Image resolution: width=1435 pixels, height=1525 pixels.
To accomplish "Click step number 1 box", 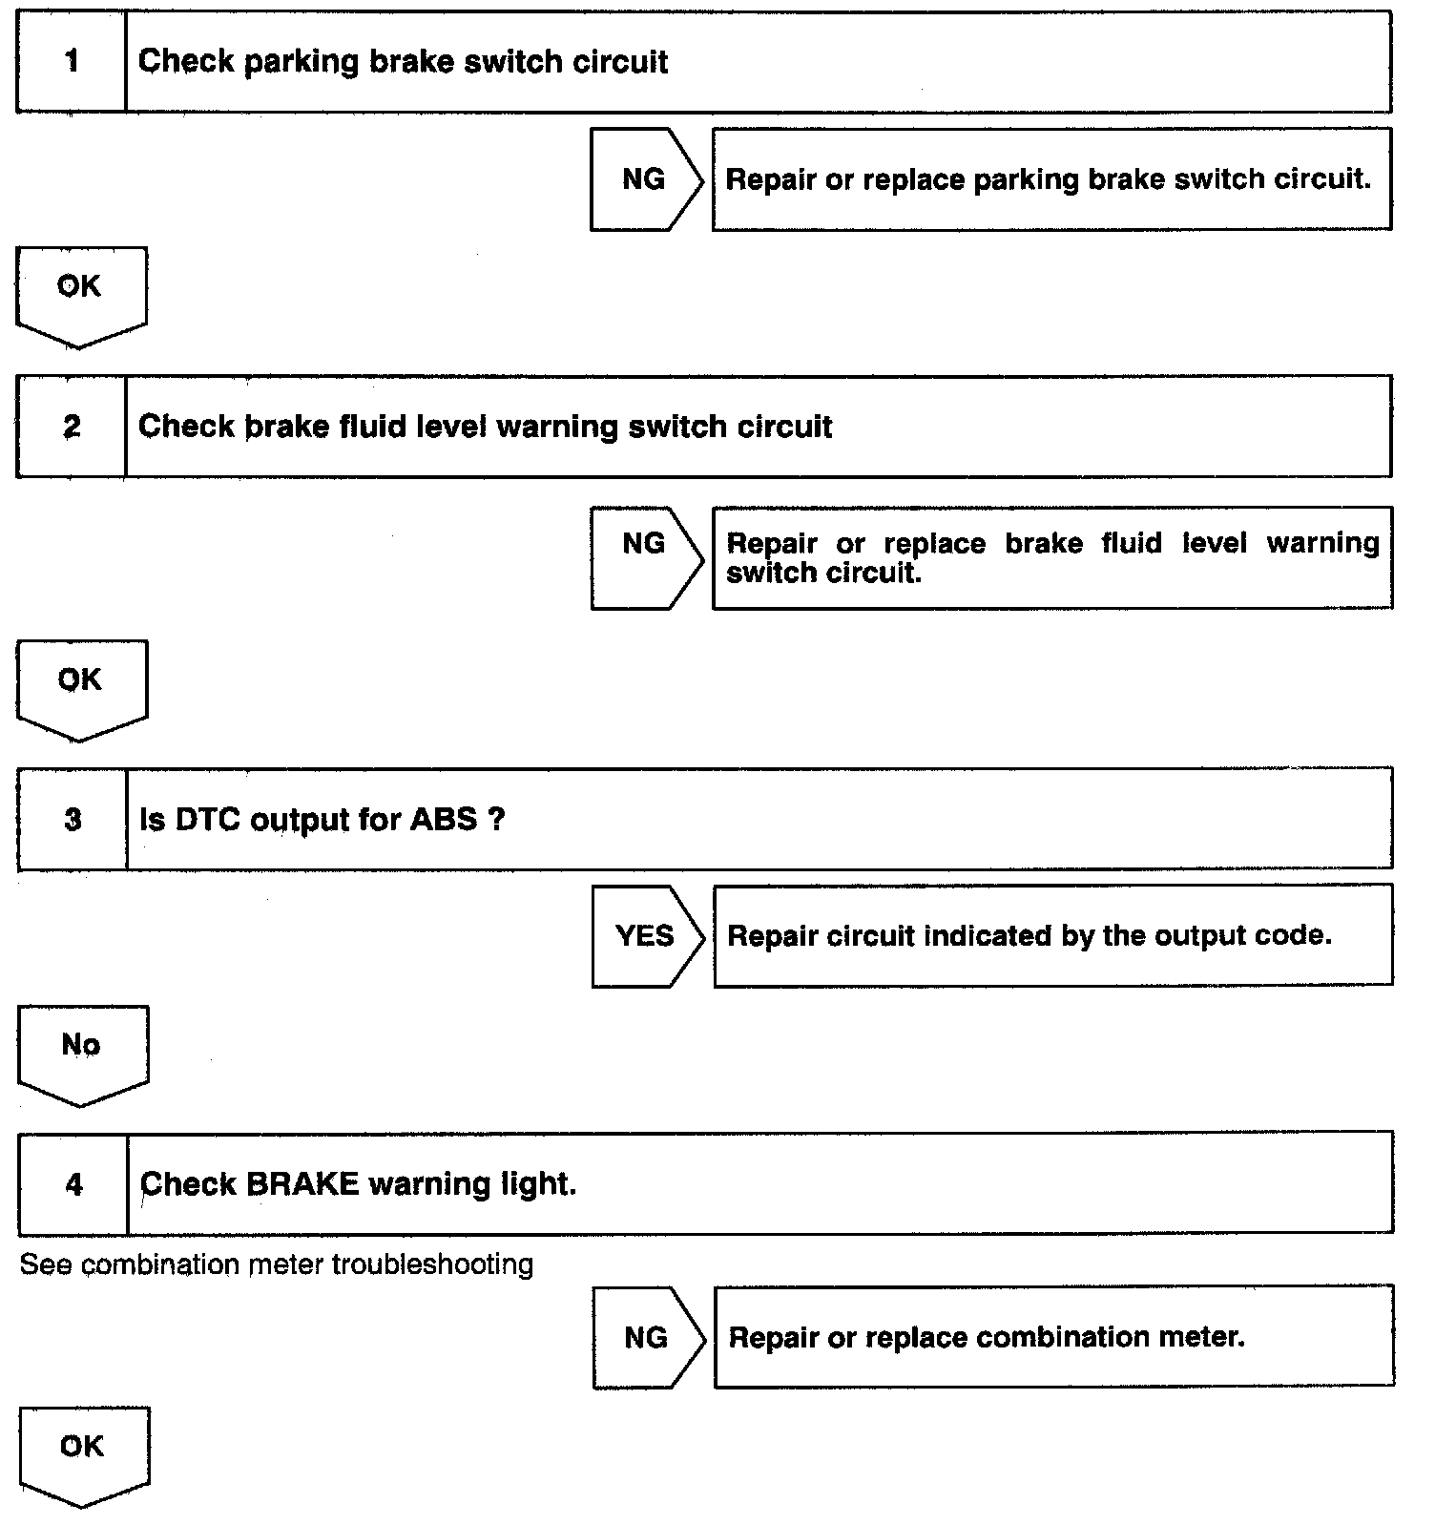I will tap(72, 62).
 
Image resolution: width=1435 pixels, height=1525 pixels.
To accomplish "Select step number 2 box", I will tap(72, 427).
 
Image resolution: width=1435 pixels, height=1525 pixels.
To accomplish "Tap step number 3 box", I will tap(73, 820).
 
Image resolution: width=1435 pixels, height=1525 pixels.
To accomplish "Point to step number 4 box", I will tap(73, 1184).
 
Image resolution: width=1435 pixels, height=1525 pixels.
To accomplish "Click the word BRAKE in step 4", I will tap(302, 1184).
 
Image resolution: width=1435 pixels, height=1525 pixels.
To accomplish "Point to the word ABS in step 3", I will tap(444, 820).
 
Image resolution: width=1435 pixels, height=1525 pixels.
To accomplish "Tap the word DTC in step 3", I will tap(208, 820).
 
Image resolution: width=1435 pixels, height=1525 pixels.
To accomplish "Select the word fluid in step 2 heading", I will tap(375, 427).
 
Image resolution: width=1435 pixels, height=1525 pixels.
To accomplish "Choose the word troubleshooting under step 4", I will tap(432, 1265).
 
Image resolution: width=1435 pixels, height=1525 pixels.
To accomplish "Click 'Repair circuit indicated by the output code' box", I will tap(1052, 936).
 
